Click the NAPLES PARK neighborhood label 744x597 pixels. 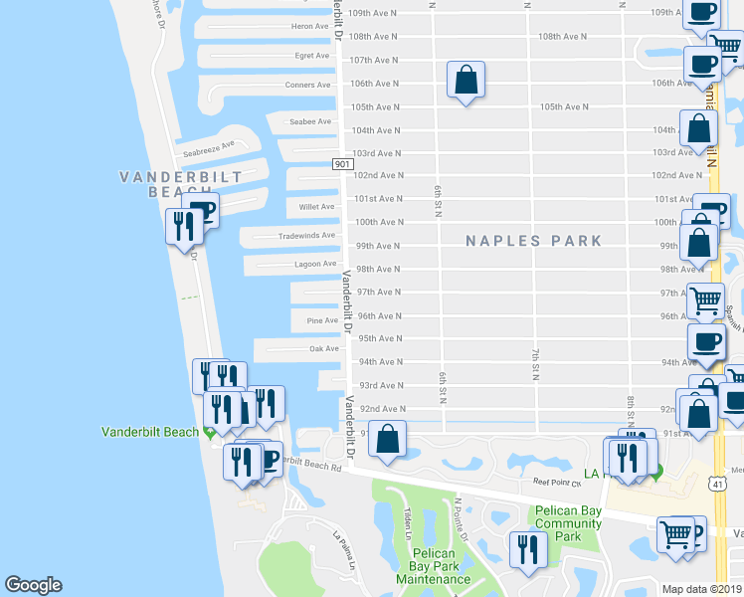[x=535, y=241]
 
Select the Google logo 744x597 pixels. [x=33, y=585]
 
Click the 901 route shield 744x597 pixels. [x=342, y=164]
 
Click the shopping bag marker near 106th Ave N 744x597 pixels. [x=465, y=81]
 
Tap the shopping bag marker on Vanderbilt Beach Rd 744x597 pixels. [x=388, y=438]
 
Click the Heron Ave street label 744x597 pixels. [x=310, y=27]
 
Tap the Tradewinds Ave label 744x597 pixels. [x=306, y=236]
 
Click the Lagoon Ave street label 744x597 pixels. [x=315, y=264]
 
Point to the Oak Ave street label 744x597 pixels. [x=324, y=348]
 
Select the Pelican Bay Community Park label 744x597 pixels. [x=568, y=523]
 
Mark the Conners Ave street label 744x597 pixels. [x=307, y=85]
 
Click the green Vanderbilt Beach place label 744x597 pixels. [x=150, y=432]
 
